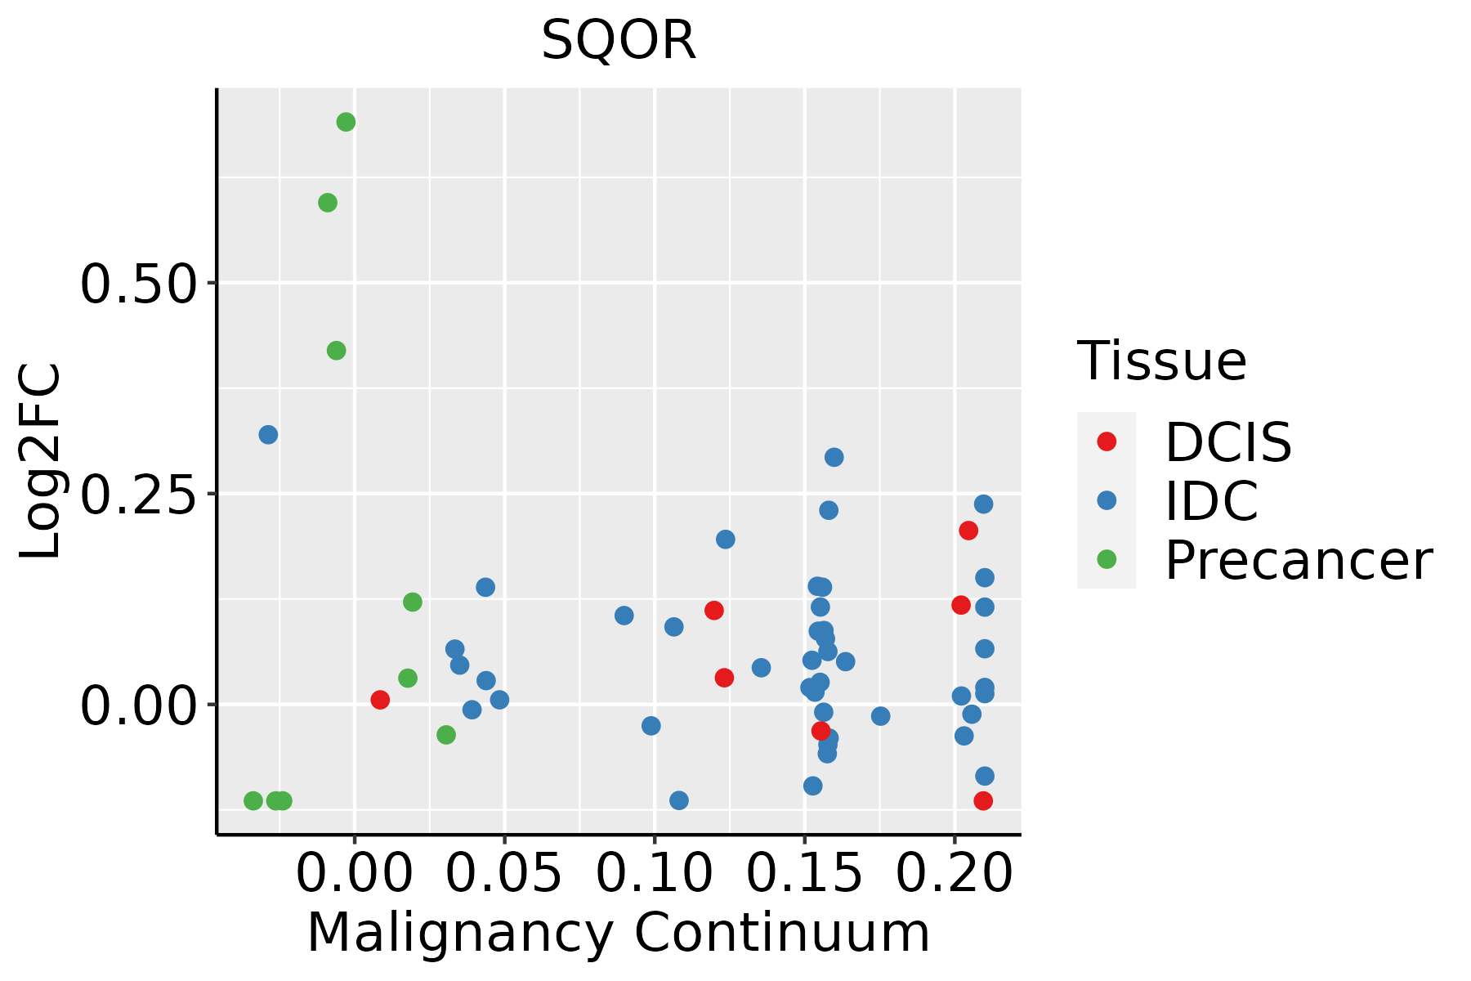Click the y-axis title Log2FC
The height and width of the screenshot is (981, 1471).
[41, 461]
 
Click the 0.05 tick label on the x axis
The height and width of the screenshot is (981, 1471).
[504, 873]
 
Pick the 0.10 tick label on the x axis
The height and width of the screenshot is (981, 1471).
[655, 873]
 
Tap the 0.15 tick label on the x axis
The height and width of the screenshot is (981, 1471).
[805, 873]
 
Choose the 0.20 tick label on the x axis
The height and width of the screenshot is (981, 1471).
[955, 873]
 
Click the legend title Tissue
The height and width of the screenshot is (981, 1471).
[1162, 361]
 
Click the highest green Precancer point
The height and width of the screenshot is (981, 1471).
[346, 123]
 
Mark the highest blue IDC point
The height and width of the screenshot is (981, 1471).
[268, 435]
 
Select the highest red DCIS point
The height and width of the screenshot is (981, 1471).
[968, 531]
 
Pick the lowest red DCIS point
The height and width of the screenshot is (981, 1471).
[983, 800]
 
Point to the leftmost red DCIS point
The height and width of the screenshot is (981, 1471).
[380, 700]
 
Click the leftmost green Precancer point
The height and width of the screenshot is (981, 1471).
[253, 800]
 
